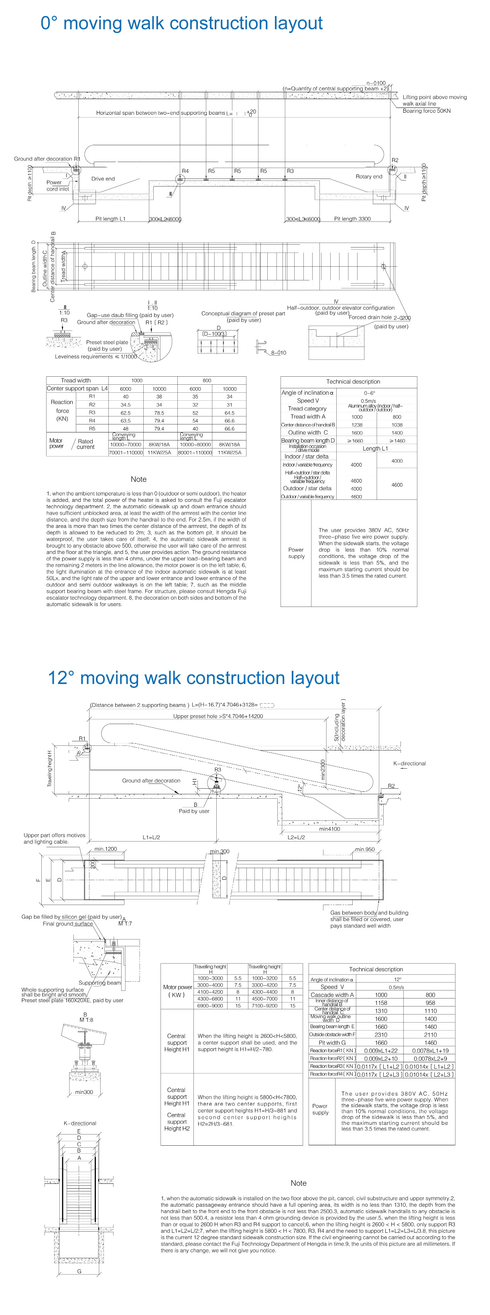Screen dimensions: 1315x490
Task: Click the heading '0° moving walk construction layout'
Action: click(181, 24)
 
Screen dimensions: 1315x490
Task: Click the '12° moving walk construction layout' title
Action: click(193, 678)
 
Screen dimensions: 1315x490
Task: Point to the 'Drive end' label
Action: click(103, 179)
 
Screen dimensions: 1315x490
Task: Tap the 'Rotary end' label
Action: click(368, 177)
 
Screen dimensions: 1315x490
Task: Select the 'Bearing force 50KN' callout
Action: click(426, 111)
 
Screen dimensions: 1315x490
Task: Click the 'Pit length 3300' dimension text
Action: click(352, 219)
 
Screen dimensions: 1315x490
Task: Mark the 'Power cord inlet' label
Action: click(57, 186)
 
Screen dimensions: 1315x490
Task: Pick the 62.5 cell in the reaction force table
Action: click(126, 413)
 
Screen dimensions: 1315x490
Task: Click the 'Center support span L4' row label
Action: click(77, 388)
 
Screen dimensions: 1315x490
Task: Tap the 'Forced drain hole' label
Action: click(370, 318)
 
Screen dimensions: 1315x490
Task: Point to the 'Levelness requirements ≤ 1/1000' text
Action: click(96, 357)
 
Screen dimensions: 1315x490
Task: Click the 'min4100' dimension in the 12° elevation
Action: click(329, 829)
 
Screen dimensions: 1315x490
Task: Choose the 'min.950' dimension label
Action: click(364, 849)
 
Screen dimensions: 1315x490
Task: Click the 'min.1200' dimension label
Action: click(105, 849)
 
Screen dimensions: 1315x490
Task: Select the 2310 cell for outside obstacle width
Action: click(381, 1035)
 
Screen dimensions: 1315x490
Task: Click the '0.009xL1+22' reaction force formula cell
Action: click(381, 1051)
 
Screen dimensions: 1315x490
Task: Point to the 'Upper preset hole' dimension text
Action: click(218, 716)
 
